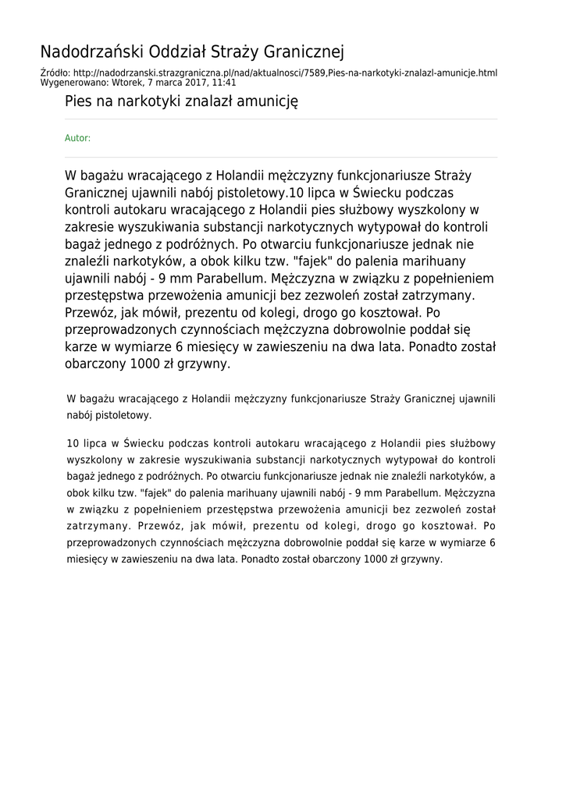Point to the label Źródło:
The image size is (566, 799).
(56, 73)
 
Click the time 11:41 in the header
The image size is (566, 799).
(224, 82)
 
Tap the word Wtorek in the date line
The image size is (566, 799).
(129, 82)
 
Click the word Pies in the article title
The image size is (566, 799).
(78, 101)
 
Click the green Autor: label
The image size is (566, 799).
(77, 138)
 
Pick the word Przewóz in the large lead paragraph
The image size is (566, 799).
(91, 313)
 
